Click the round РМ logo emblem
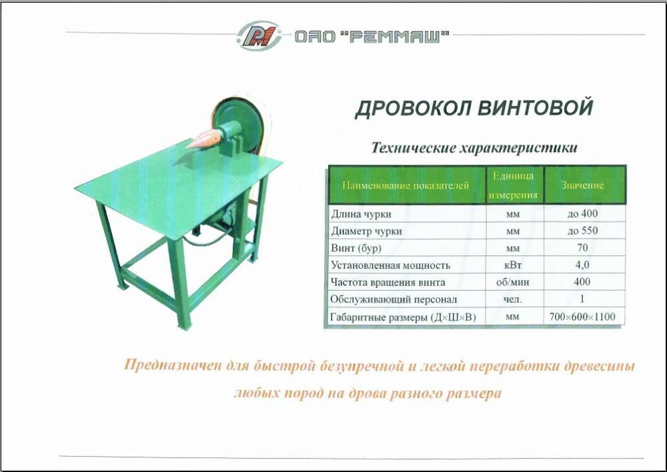click(259, 35)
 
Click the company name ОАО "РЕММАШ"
click(372, 37)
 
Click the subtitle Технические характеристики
click(474, 147)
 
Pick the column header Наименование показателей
click(406, 185)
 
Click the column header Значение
click(582, 185)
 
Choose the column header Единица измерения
click(514, 185)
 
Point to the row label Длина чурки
click(361, 214)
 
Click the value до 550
click(582, 231)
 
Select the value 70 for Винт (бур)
click(582, 247)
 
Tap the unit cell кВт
click(513, 265)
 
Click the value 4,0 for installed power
click(582, 265)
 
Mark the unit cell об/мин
click(513, 282)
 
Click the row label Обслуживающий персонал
click(394, 299)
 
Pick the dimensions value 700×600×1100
click(582, 317)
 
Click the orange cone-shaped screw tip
click(205, 139)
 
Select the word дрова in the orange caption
click(366, 393)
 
